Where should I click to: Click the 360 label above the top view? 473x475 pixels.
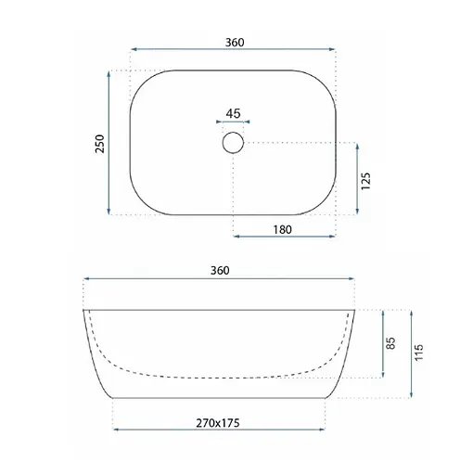pyautogui.click(x=235, y=43)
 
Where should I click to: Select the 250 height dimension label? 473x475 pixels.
pyautogui.click(x=100, y=144)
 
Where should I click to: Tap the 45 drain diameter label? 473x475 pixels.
pyautogui.click(x=233, y=113)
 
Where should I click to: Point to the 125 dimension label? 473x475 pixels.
pyautogui.click(x=365, y=181)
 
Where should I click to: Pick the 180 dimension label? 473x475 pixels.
pyautogui.click(x=282, y=229)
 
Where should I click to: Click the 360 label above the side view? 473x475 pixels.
pyautogui.click(x=220, y=270)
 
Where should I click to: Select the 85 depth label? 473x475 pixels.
pyautogui.click(x=390, y=343)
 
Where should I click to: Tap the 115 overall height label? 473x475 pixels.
pyautogui.click(x=418, y=353)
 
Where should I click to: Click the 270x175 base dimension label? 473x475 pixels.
pyautogui.click(x=218, y=423)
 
